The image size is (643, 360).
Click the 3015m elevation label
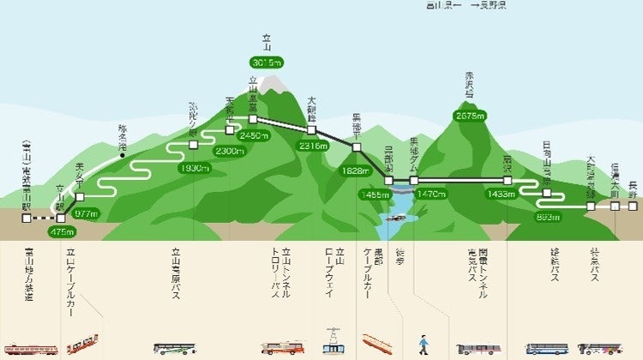(x=267, y=62)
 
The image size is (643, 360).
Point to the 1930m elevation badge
(x=195, y=168)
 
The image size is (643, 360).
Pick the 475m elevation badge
(x=63, y=231)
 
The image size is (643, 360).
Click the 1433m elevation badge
(x=501, y=195)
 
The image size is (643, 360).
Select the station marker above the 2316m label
(x=312, y=130)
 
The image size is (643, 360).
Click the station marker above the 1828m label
(x=356, y=148)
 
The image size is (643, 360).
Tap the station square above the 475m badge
(x=60, y=218)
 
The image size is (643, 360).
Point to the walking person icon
(x=422, y=345)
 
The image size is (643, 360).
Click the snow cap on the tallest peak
(x=273, y=84)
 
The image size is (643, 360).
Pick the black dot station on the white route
(x=123, y=156)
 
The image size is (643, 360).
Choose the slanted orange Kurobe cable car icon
(x=377, y=344)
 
